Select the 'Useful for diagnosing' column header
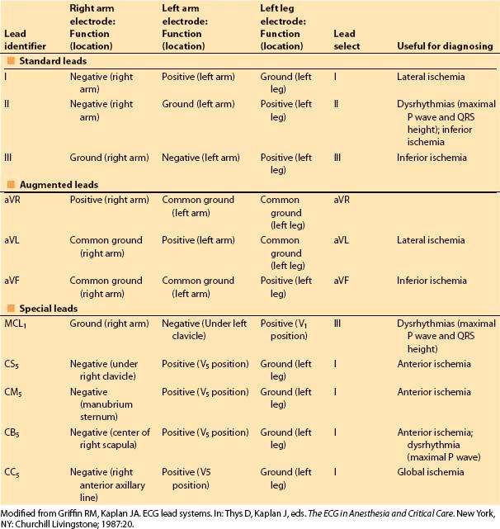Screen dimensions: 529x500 (x=445, y=46)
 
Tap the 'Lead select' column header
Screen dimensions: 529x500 (x=345, y=40)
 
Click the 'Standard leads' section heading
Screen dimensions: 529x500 (x=53, y=62)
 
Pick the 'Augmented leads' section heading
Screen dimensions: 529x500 (x=57, y=184)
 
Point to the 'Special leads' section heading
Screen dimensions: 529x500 (x=49, y=308)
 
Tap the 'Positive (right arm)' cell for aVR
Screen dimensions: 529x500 (x=109, y=200)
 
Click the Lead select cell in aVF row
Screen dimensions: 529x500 (x=343, y=281)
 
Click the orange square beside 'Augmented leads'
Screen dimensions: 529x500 (x=11, y=184)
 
